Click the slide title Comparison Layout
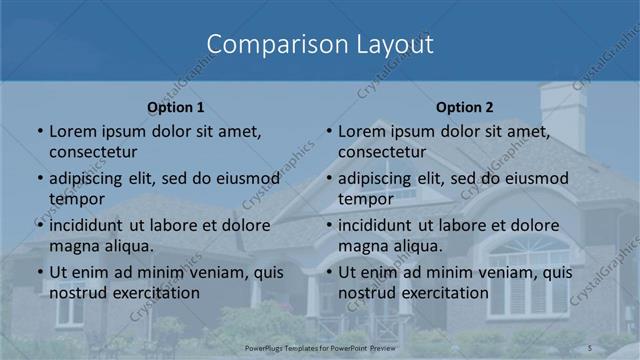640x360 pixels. click(x=320, y=44)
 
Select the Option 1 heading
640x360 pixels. click(x=176, y=107)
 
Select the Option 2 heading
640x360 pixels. click(x=465, y=107)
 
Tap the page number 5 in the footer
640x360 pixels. click(x=590, y=347)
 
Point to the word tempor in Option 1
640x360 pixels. click(x=76, y=198)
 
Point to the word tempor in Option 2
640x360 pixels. click(x=365, y=198)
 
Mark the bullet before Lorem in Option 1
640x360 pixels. click(x=40, y=131)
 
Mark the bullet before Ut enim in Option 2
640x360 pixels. click(x=329, y=272)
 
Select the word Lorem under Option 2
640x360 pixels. click(x=362, y=131)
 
